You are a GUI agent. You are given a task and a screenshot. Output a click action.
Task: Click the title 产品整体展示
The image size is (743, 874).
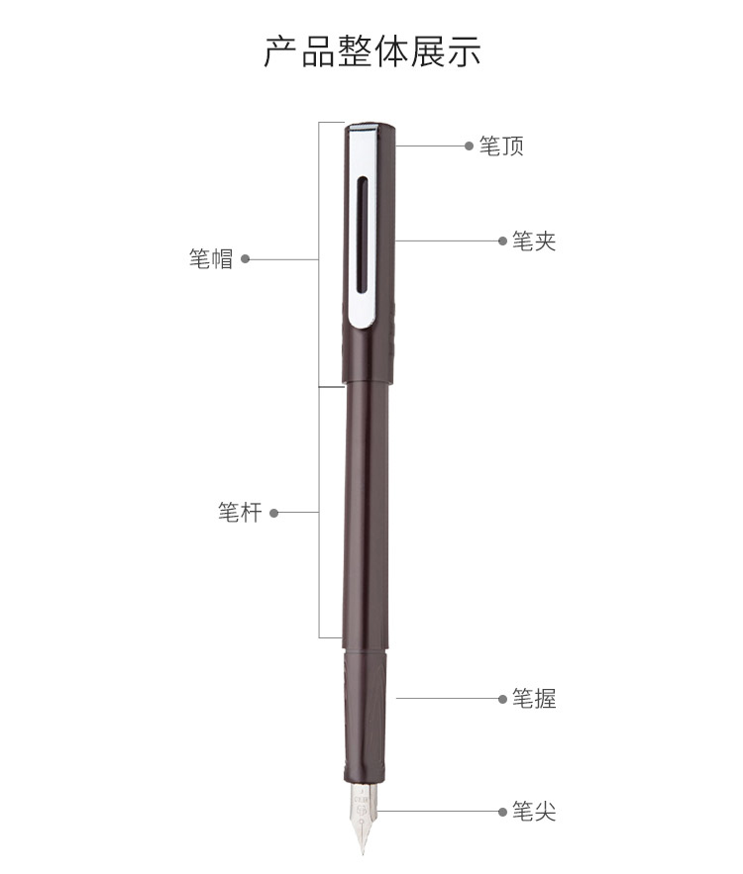click(x=372, y=51)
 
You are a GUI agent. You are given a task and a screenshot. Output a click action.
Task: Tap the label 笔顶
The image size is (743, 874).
click(x=501, y=146)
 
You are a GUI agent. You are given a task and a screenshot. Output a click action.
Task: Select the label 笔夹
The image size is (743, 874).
click(x=534, y=242)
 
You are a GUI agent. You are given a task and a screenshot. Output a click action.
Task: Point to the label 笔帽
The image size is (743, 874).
click(x=210, y=259)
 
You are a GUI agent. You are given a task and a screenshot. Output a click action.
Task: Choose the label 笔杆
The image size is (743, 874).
click(x=240, y=513)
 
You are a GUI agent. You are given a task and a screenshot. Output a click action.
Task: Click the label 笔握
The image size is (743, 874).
click(x=534, y=699)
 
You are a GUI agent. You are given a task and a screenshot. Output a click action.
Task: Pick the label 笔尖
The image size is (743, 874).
click(x=534, y=812)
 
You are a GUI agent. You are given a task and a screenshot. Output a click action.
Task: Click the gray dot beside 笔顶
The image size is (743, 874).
click(x=469, y=146)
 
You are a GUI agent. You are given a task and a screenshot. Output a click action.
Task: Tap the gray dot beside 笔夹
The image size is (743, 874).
click(x=502, y=241)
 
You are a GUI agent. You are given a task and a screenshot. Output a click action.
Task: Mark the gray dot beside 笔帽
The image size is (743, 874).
click(x=245, y=259)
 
